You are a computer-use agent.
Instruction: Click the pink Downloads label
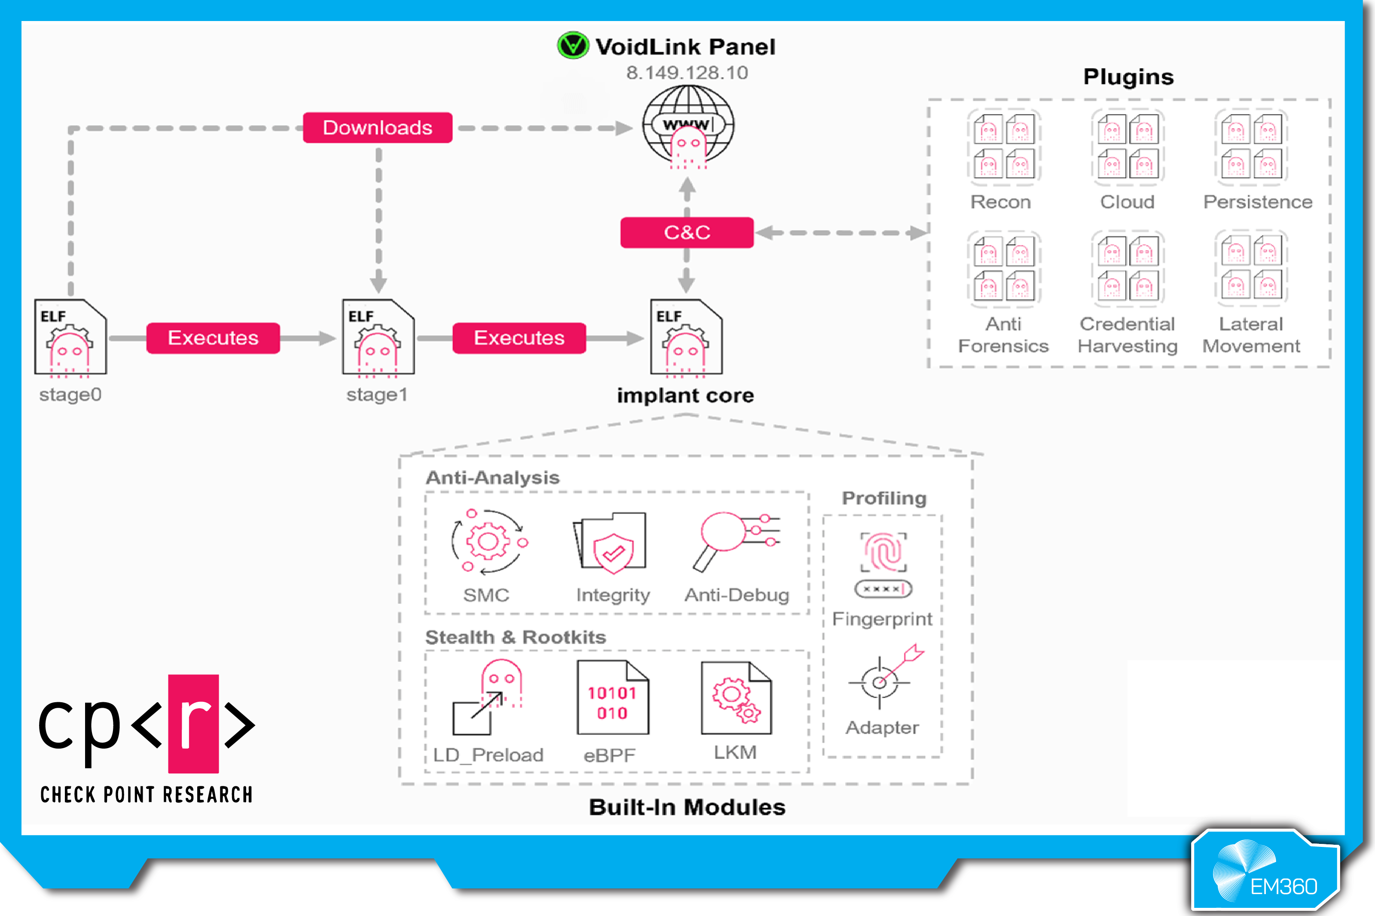[x=377, y=127]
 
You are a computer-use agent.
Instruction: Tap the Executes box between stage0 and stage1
[x=213, y=338]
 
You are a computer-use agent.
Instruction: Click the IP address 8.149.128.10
[x=687, y=73]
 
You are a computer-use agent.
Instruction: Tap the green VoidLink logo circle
[x=572, y=45]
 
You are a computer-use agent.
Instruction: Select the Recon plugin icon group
[x=1004, y=147]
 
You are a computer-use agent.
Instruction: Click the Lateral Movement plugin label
[x=1251, y=335]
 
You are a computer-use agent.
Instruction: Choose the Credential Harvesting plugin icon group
[x=1127, y=269]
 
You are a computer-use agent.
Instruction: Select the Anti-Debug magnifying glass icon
[x=736, y=539]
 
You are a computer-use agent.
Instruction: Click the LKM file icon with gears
[x=736, y=698]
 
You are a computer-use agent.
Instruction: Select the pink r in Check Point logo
[x=193, y=723]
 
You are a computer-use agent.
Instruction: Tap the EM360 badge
[x=1266, y=871]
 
